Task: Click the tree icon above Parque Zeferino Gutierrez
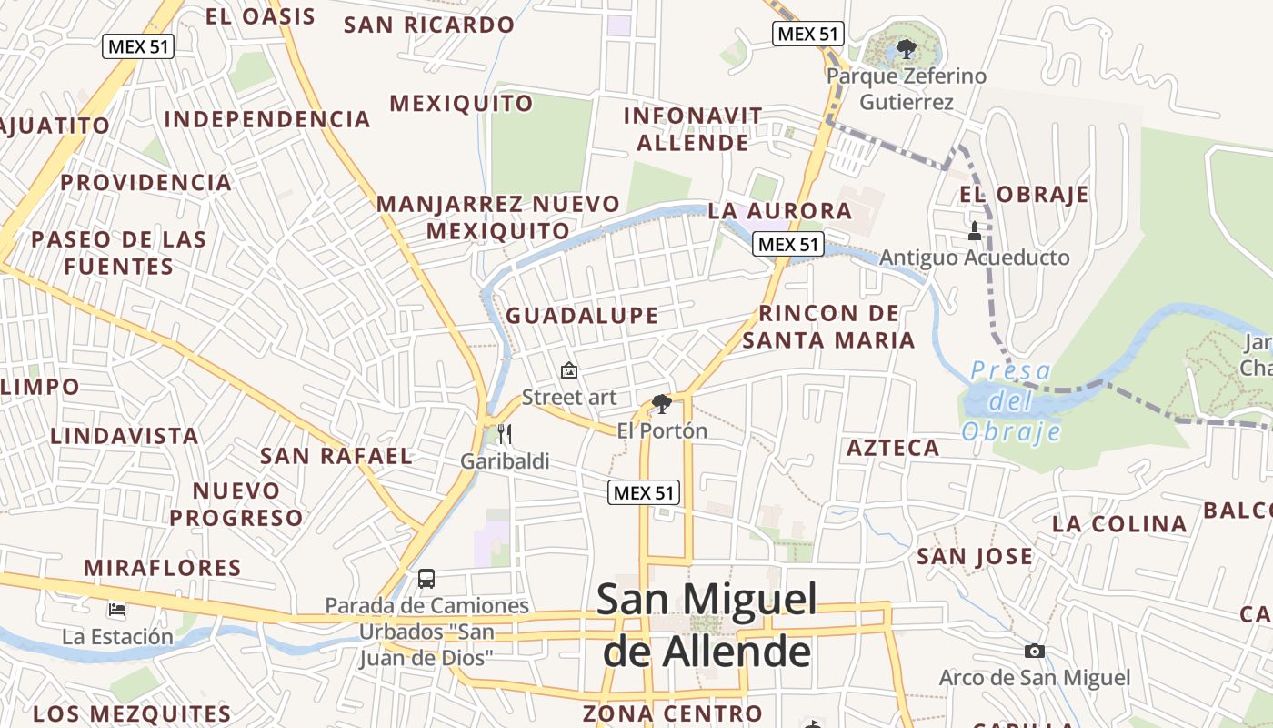905,47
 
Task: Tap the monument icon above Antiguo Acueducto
975,231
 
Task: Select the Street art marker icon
569,370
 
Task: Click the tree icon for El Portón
661,403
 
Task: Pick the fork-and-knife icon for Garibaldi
505,434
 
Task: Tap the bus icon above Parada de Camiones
426,578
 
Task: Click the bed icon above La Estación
117,609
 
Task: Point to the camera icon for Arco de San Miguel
1034,651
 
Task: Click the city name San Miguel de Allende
707,625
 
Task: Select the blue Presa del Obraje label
1010,400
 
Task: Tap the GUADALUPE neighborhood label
582,316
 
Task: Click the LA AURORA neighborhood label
780,211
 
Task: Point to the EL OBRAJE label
1024,194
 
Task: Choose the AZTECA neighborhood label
893,448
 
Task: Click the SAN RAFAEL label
336,456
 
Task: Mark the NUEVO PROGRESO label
236,504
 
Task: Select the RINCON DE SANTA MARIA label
828,327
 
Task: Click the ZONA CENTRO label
672,713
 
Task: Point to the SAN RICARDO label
429,25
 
